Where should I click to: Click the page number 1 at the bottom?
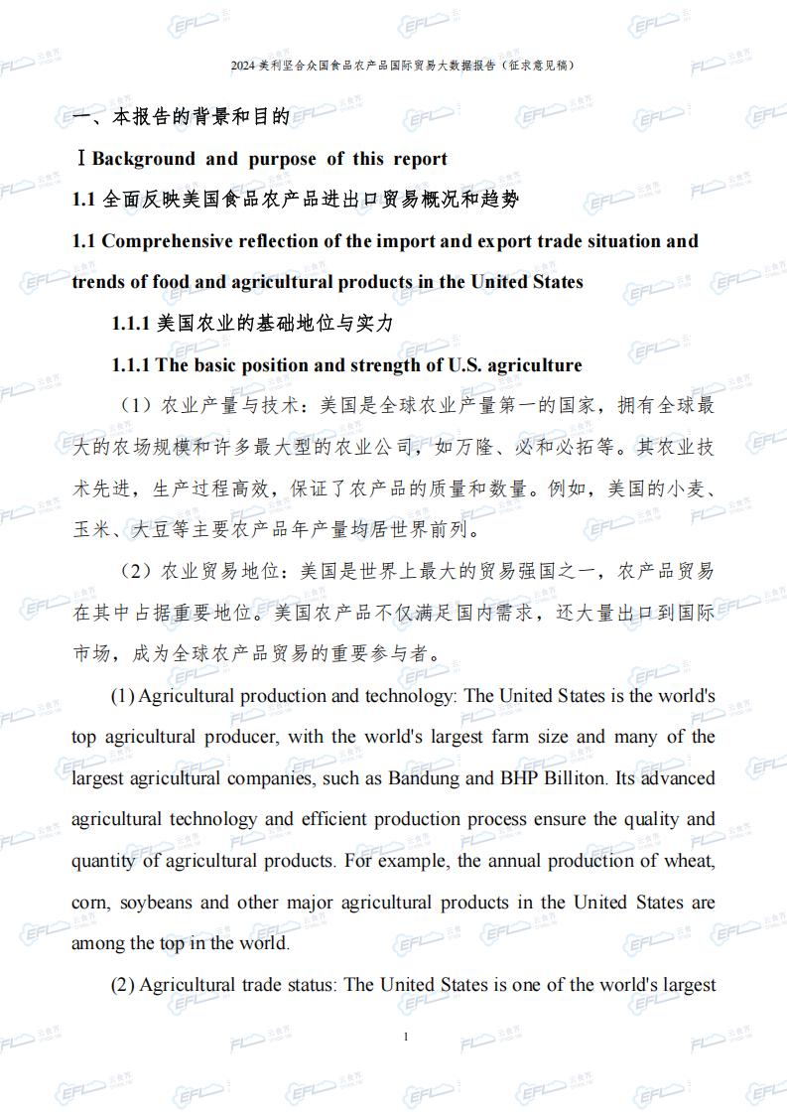click(406, 1038)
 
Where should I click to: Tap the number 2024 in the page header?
click(242, 66)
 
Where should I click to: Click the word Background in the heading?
click(144, 159)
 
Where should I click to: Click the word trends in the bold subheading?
click(98, 282)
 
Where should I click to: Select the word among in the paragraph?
click(98, 943)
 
